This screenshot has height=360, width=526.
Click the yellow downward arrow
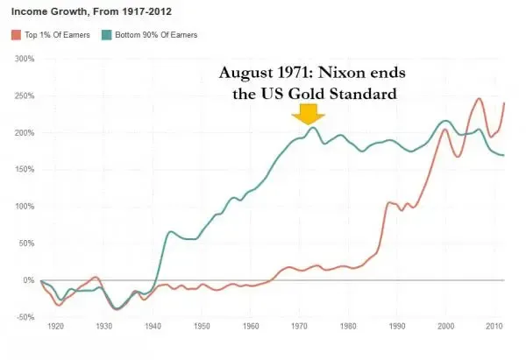tap(309, 114)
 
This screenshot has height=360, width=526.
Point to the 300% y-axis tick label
tap(22, 59)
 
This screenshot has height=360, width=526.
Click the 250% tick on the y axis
tap(22, 95)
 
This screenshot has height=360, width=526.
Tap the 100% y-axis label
tap(22, 207)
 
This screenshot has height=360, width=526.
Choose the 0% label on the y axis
tap(27, 280)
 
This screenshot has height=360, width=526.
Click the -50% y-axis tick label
tap(22, 317)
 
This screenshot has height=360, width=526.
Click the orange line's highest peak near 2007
tap(479, 99)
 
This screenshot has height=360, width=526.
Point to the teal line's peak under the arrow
tap(312, 128)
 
